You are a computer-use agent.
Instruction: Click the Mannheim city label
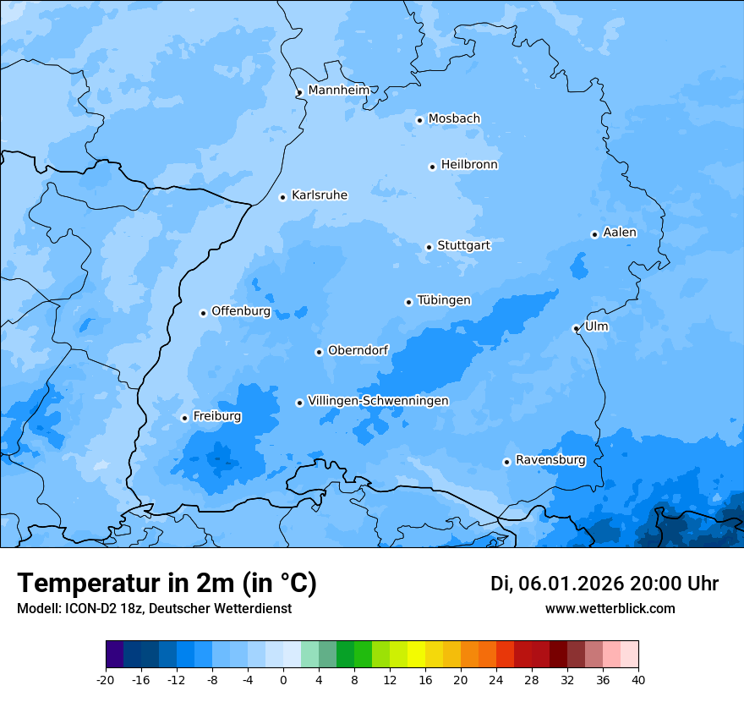[x=338, y=90]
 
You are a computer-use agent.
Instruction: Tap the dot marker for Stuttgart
[x=429, y=247]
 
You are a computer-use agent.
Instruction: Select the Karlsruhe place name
[x=319, y=195]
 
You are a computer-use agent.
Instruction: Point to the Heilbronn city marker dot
[x=432, y=167]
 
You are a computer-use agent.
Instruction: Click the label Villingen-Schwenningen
[x=378, y=401]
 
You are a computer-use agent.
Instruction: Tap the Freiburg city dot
[x=184, y=418]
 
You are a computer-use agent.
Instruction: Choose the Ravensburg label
[x=550, y=460]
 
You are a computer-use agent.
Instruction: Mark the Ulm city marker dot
[x=576, y=328]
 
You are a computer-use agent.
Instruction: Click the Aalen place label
[x=619, y=233]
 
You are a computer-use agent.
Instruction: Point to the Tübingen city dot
[x=408, y=302]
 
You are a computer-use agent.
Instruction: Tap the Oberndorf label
[x=358, y=350]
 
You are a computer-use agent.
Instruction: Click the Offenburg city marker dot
[x=203, y=313]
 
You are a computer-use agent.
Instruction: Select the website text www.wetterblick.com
[x=610, y=609]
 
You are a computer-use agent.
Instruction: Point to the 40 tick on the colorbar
[x=637, y=680]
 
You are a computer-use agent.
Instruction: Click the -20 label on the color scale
[x=106, y=680]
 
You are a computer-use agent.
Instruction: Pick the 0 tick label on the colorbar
[x=283, y=680]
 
